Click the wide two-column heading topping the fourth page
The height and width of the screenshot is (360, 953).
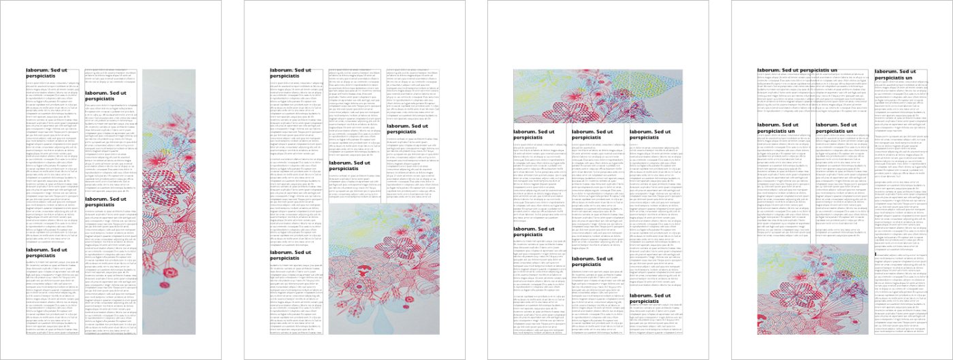click(797, 70)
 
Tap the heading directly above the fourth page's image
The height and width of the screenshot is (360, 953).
click(777, 128)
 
